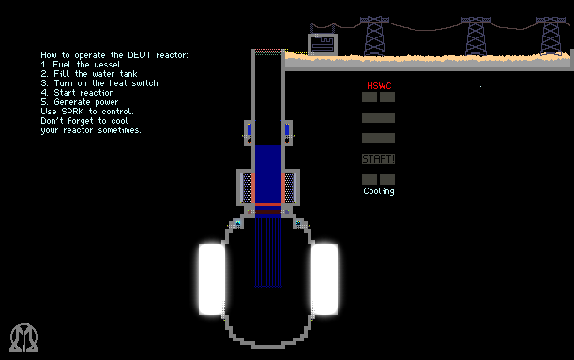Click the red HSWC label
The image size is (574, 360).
[379, 86]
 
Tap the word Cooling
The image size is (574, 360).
[379, 191]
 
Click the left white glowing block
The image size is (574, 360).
[212, 279]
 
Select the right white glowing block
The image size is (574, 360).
[325, 279]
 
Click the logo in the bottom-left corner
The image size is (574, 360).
[23, 337]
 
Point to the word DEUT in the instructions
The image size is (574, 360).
[139, 55]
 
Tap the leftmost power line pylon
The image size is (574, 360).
[374, 36]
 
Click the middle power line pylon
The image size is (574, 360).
[476, 36]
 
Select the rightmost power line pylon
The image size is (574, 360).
[551, 36]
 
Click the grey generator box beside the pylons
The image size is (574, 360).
[323, 44]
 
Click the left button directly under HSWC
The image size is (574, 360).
[370, 97]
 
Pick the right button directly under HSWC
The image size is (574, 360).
[387, 97]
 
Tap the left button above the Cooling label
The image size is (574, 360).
[370, 179]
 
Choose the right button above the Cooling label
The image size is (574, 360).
[387, 179]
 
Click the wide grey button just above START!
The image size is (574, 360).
[379, 139]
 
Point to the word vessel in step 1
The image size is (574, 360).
[108, 65]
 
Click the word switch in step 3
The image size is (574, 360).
[144, 83]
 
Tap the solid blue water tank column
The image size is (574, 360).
[268, 173]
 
